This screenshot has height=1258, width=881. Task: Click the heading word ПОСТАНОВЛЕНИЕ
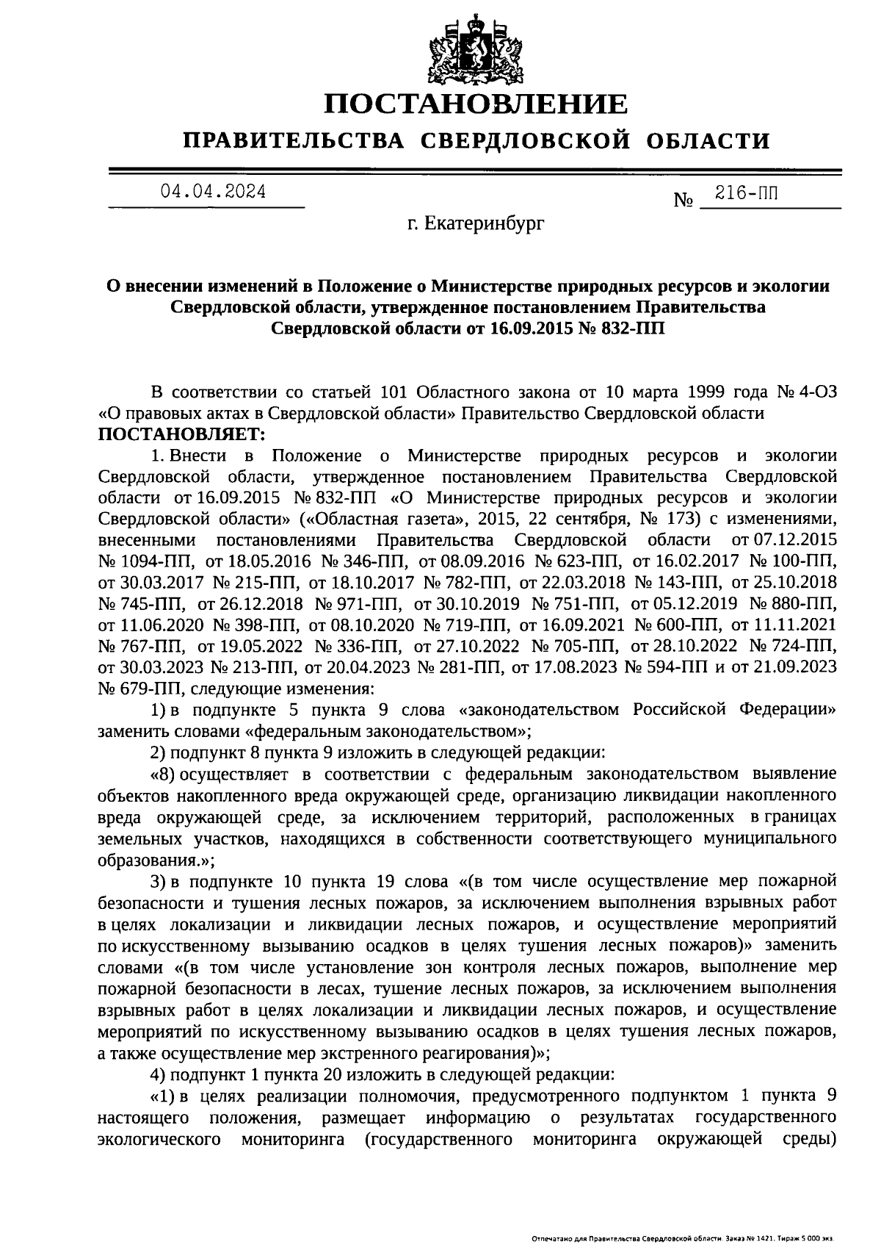click(477, 104)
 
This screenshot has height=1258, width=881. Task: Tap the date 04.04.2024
click(214, 192)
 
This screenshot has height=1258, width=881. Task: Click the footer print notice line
click(682, 1238)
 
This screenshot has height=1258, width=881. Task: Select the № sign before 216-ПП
click(684, 200)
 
